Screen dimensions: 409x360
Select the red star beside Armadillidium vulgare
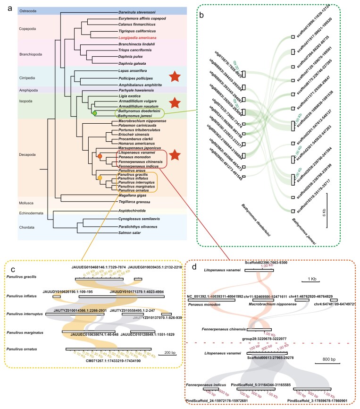(x=174, y=102)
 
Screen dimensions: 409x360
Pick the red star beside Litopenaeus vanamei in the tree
(x=174, y=141)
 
